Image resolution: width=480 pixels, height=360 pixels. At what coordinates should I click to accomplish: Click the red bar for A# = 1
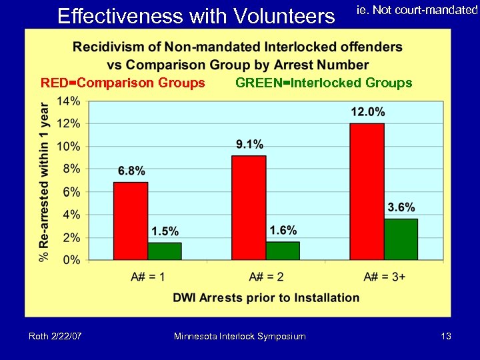pos(131,221)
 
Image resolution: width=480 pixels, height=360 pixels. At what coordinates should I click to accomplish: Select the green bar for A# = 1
pos(165,251)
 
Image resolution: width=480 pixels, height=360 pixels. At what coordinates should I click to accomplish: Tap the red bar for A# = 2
pos(249,207)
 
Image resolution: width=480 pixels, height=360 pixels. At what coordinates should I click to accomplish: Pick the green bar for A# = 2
pos(283,251)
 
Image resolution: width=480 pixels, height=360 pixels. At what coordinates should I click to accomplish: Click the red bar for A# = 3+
pos(367,191)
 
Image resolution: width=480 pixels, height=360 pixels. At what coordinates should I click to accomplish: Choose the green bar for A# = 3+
pos(401,239)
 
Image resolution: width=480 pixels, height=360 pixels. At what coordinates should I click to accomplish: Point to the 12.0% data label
pos(367,111)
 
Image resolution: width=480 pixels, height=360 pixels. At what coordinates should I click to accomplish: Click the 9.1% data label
pos(249,144)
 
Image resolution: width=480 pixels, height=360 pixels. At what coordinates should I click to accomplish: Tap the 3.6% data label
pos(401,207)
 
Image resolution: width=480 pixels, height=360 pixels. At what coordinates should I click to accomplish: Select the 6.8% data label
pos(131,170)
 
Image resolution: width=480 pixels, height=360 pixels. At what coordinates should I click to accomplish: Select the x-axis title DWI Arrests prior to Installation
pos(267,297)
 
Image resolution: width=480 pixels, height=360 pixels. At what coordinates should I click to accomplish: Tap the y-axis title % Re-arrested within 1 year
pos(45,181)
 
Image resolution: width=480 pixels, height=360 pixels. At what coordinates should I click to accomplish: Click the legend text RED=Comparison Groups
pos(123,83)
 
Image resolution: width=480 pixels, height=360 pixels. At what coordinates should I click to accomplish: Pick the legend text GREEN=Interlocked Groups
pos(324,83)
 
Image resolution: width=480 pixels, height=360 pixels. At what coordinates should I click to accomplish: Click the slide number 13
pos(446,337)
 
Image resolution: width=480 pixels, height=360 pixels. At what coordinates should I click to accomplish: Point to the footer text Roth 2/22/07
pos(55,337)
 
